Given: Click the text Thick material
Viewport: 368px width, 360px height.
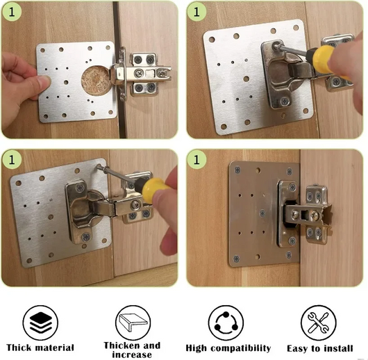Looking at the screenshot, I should (x=40, y=347).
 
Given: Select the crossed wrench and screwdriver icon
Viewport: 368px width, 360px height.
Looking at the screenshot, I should (x=319, y=322).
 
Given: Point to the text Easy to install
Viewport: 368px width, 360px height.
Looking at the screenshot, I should (x=320, y=347).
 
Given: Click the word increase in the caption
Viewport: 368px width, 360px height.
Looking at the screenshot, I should (x=131, y=354).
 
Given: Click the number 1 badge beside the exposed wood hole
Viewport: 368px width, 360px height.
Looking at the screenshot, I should (x=13, y=13).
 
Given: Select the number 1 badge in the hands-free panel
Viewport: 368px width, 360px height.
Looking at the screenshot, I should (x=198, y=159).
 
